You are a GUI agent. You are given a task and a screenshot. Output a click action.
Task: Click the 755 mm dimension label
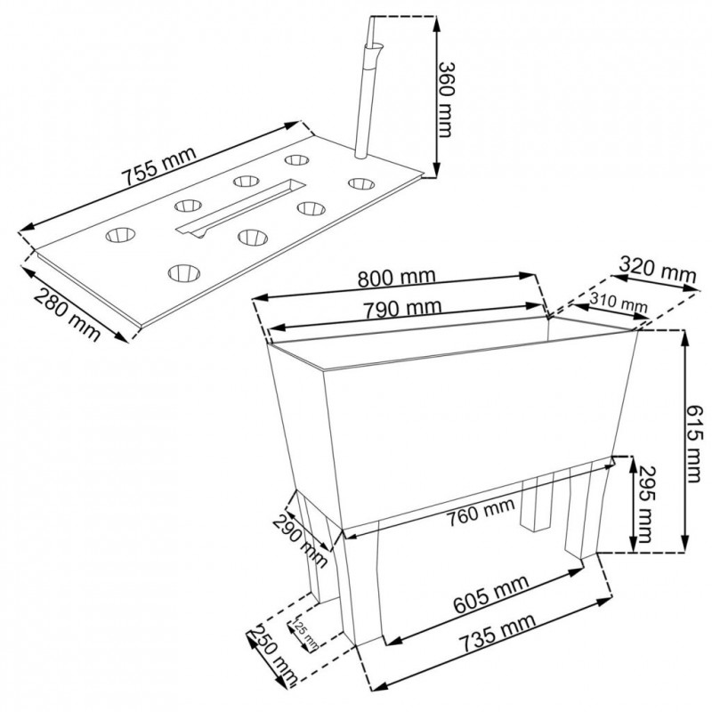(160, 166)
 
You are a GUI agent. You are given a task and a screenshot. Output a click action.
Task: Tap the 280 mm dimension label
(68, 315)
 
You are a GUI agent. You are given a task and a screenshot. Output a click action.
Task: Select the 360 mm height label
(446, 100)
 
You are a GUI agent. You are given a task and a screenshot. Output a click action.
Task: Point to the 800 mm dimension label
(396, 278)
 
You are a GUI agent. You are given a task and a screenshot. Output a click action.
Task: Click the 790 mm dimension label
(402, 309)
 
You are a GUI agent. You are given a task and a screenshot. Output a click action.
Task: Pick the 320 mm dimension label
(657, 271)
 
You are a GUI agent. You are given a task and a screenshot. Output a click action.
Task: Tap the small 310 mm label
(619, 303)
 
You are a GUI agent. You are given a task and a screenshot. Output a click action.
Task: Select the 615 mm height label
(694, 443)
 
